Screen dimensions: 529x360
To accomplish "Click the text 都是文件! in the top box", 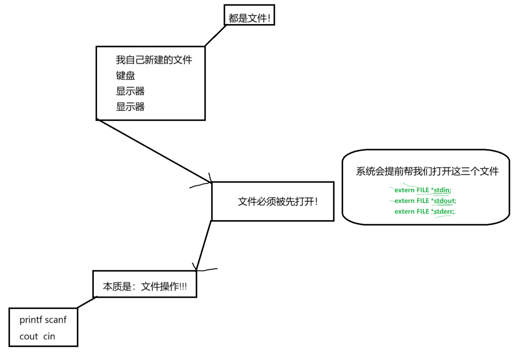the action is click(x=249, y=18).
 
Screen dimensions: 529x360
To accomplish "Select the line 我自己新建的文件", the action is click(x=154, y=60).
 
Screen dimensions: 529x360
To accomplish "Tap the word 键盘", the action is click(x=125, y=75).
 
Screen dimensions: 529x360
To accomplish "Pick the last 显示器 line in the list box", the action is click(x=130, y=107).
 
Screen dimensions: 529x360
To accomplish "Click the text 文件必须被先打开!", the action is click(x=277, y=202).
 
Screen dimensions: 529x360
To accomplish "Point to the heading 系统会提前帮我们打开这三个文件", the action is click(x=427, y=171).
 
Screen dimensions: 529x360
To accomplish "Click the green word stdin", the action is click(x=442, y=190).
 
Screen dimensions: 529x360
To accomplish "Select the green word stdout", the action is click(x=444, y=201).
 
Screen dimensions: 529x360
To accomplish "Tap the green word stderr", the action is click(x=443, y=212).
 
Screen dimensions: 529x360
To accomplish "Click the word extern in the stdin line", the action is click(x=404, y=190).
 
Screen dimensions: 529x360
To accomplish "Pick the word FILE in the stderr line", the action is click(x=423, y=212).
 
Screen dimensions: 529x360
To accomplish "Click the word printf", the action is click(x=30, y=320).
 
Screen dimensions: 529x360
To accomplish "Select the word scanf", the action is click(x=56, y=320).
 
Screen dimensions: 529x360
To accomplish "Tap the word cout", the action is click(x=29, y=337).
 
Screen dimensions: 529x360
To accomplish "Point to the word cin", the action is click(x=49, y=337).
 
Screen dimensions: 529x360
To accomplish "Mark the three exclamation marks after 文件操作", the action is click(x=183, y=286).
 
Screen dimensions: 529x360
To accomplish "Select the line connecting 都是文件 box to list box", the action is click(x=215, y=36).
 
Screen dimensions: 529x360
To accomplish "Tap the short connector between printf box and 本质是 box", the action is click(x=87, y=303).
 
